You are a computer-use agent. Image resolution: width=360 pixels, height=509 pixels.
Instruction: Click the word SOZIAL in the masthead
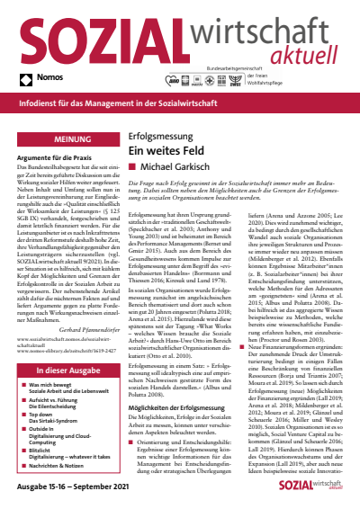[x=94, y=38]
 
